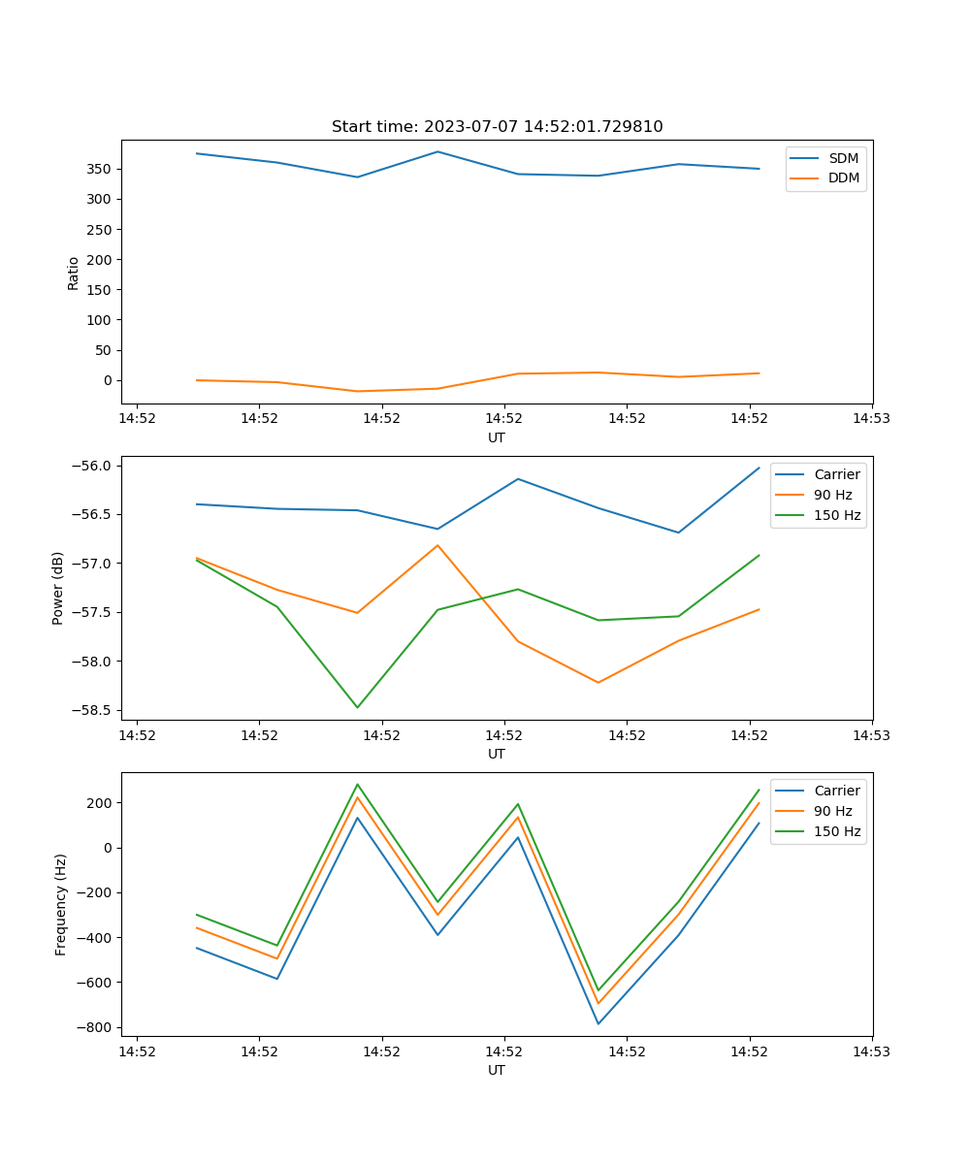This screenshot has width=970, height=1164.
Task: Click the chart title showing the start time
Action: [497, 127]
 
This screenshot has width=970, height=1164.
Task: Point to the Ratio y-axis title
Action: [74, 273]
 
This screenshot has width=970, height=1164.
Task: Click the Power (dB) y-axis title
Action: [58, 588]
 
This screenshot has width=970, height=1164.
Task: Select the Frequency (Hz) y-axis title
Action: [61, 904]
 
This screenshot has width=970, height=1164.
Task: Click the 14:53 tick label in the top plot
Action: [871, 419]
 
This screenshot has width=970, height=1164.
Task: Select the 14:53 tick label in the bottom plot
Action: [871, 1051]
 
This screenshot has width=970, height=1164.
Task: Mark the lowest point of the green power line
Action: [357, 707]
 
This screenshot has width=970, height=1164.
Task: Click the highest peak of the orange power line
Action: [437, 545]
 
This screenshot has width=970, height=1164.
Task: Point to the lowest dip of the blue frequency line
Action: [598, 1023]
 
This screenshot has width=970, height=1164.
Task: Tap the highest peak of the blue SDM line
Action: [437, 151]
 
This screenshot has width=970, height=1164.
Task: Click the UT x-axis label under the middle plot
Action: [497, 754]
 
